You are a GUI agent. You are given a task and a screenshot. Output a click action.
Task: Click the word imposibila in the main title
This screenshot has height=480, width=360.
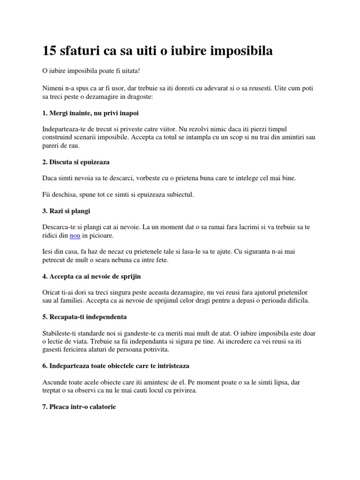pyautogui.click(x=238, y=51)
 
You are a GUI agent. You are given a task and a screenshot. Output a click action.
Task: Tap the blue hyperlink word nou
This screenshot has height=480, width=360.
pyautogui.click(x=75, y=235)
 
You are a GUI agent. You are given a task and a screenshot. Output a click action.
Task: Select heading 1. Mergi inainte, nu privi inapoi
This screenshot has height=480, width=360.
pyautogui.click(x=90, y=113)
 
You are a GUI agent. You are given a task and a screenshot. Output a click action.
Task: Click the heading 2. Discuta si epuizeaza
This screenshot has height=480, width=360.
pyautogui.click(x=75, y=162)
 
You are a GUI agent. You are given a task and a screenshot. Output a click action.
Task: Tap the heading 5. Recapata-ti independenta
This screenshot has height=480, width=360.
pyautogui.click(x=84, y=316)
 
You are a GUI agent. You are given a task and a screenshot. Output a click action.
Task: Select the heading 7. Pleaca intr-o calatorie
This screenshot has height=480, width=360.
pyautogui.click(x=79, y=406)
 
